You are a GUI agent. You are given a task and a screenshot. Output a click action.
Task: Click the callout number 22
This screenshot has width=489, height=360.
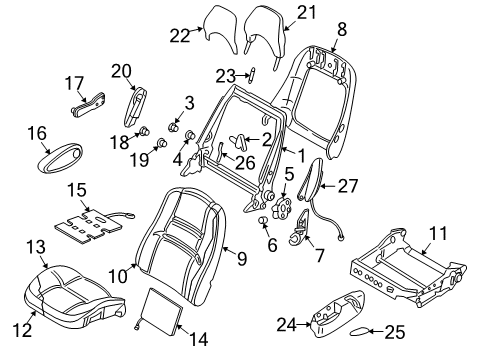tap(179, 37)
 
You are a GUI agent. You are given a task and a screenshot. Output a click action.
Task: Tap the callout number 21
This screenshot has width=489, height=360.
tap(304, 13)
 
